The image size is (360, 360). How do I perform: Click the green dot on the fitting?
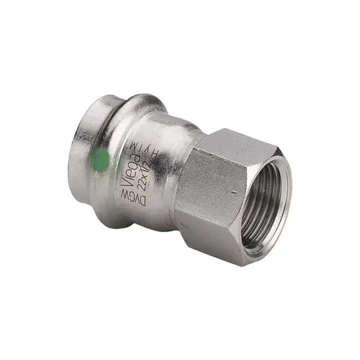point(100,159)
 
